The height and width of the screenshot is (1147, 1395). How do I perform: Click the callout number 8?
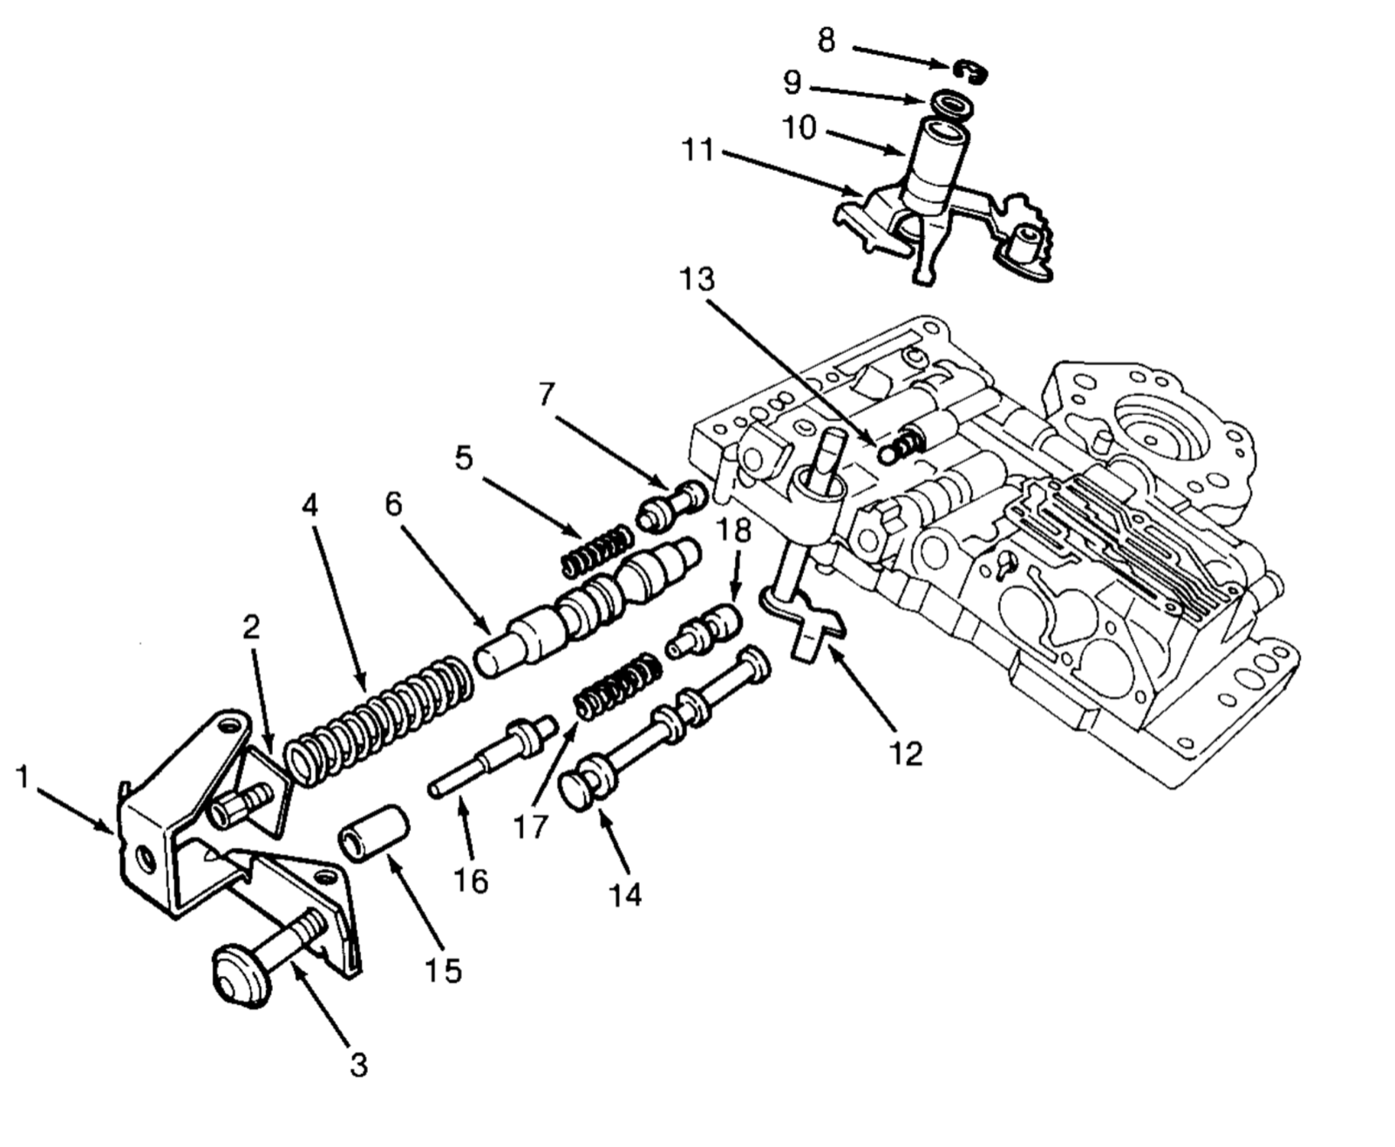tap(827, 40)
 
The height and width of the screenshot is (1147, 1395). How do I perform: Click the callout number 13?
tap(697, 280)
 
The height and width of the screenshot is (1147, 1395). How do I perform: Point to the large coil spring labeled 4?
tap(379, 718)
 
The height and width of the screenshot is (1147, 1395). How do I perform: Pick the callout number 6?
tap(394, 504)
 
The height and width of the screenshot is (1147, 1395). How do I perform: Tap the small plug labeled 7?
tap(672, 506)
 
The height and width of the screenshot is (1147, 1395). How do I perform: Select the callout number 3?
tap(358, 1065)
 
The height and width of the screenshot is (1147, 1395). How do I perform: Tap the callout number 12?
tap(907, 753)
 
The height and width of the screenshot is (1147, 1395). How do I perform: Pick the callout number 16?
tap(471, 880)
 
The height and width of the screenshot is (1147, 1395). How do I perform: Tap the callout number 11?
tap(697, 151)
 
